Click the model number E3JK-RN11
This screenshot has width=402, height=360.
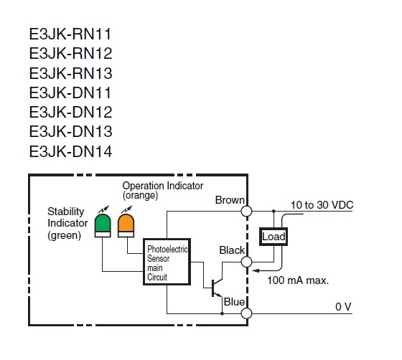tap(70, 34)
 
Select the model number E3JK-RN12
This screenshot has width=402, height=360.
tap(70, 54)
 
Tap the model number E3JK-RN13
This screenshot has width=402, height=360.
tap(70, 73)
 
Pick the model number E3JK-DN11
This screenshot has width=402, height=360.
tap(70, 93)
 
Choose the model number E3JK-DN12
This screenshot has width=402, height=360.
tap(70, 112)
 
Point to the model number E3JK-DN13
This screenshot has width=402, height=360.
tap(70, 131)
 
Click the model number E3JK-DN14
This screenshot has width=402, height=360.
tap(70, 151)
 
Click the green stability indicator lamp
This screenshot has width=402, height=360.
tap(103, 223)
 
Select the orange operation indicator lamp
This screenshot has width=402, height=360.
tap(127, 223)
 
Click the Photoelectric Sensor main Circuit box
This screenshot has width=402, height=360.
tap(167, 262)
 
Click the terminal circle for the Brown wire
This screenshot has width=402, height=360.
tap(247, 211)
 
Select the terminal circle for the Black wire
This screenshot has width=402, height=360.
tap(247, 261)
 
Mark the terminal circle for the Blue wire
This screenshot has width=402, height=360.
tap(247, 313)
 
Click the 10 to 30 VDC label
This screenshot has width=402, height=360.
tap(322, 205)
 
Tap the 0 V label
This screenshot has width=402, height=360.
tap(342, 306)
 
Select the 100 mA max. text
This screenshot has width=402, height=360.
tap(297, 280)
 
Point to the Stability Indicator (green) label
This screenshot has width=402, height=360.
tap(66, 223)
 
